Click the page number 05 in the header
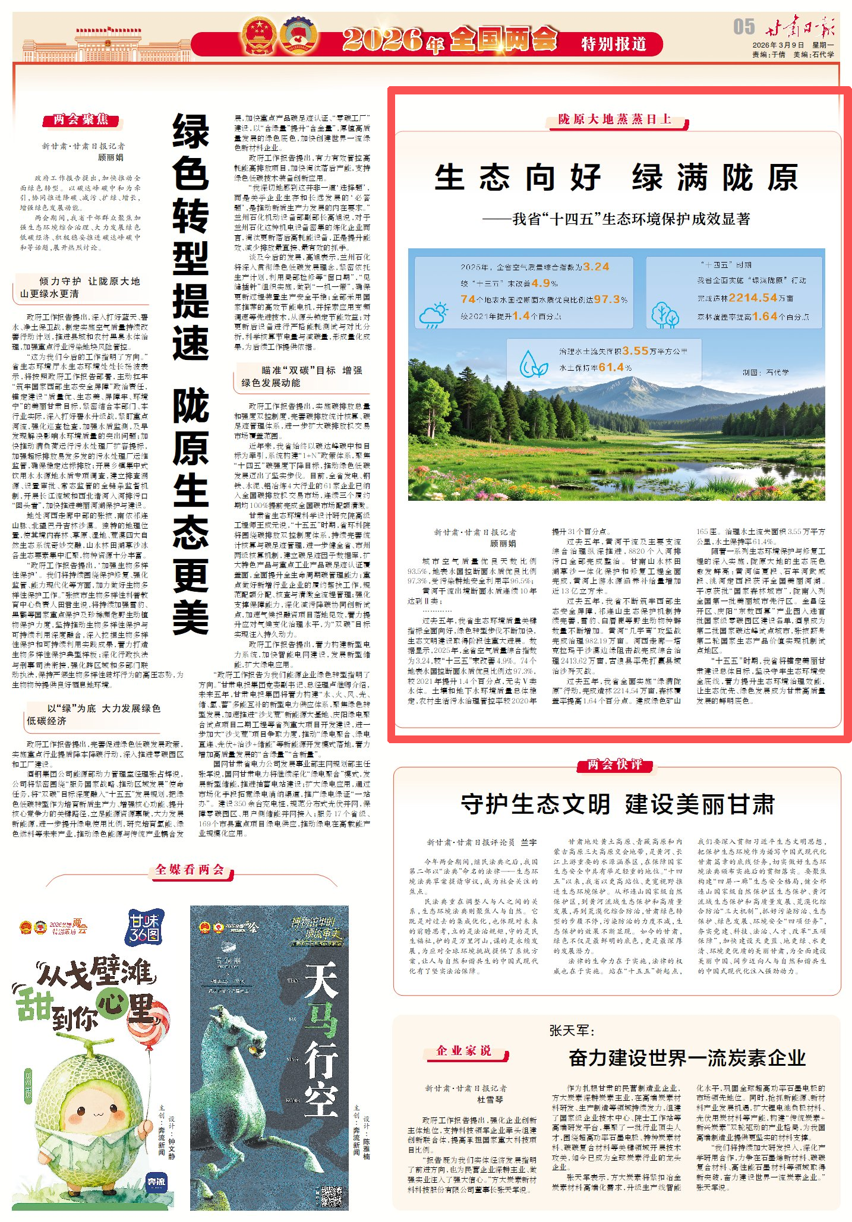pos(743,27)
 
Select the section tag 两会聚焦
pos(81,120)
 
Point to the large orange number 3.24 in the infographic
pos(596,267)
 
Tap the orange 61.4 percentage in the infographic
pos(611,368)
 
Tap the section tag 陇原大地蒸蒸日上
pos(615,119)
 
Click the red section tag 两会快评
pos(615,765)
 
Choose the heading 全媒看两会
pos(190,870)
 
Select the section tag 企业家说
pos(465,1050)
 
